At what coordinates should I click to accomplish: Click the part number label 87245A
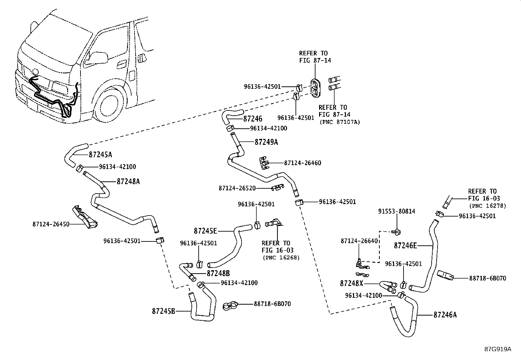100,155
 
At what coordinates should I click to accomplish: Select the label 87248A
128,181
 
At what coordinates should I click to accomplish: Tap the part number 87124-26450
51,224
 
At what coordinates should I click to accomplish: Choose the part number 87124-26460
302,163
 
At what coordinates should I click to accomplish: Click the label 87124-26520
237,188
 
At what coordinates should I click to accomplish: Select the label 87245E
205,231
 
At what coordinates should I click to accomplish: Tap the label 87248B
218,273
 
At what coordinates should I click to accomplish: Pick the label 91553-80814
397,212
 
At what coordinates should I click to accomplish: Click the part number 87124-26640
359,241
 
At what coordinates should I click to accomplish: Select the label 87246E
405,245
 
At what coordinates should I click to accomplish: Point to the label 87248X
351,283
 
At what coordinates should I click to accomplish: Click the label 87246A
445,315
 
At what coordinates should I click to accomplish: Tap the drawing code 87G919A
498,349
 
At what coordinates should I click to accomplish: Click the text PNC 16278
487,206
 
